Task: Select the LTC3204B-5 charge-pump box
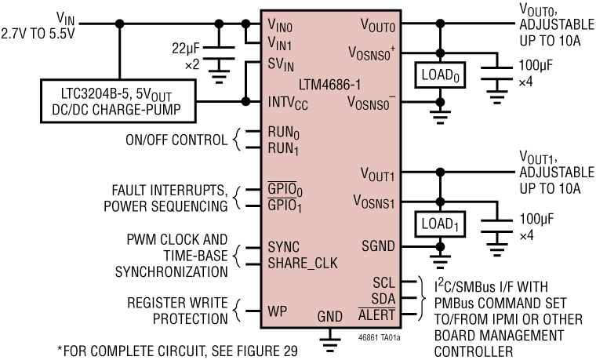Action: coord(118,101)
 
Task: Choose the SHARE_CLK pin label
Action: coord(302,263)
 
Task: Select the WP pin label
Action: coord(275,310)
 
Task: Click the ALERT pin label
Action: coord(378,315)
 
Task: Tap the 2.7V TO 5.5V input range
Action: coord(38,34)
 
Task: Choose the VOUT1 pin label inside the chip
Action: coord(378,173)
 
